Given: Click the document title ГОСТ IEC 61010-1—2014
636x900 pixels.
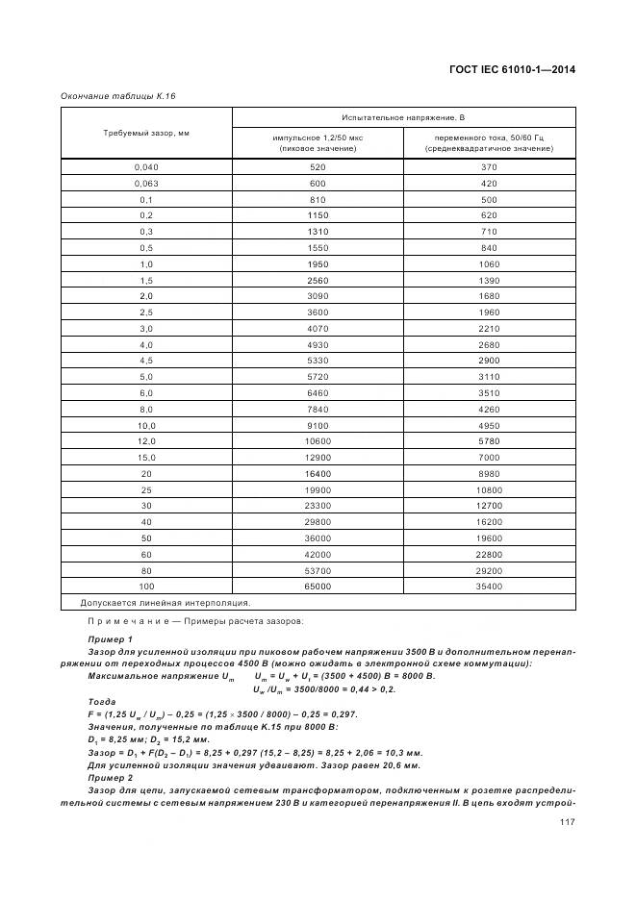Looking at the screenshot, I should pyautogui.click(x=506, y=70).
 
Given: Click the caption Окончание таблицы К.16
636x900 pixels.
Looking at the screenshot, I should pyautogui.click(x=118, y=96).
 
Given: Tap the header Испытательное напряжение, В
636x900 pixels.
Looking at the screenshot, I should pyautogui.click(x=403, y=117).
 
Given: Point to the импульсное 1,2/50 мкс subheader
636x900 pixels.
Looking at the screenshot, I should pyautogui.click(x=318, y=142).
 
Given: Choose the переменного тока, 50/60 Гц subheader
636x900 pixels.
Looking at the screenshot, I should pyautogui.click(x=489, y=142).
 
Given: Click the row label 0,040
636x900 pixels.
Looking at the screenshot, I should pyautogui.click(x=146, y=167).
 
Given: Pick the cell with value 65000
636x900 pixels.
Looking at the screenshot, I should pyautogui.click(x=318, y=585).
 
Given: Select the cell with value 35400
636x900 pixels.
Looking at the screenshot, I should pyautogui.click(x=489, y=585).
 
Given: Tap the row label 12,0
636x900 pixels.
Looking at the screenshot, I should pyautogui.click(x=146, y=440).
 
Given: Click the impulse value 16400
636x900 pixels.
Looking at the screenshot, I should pyautogui.click(x=318, y=472).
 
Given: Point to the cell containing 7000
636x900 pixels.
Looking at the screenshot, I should pyautogui.click(x=489, y=457).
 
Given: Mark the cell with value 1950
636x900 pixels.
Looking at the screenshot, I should pyautogui.click(x=318, y=263).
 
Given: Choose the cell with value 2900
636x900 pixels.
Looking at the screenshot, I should pyautogui.click(x=489, y=360).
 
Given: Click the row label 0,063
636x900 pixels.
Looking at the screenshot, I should pyautogui.click(x=146, y=183).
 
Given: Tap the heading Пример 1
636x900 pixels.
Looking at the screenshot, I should pyautogui.click(x=110, y=639).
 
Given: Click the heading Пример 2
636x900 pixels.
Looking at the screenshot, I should pyautogui.click(x=110, y=777).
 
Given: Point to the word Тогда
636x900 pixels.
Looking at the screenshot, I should pyautogui.click(x=101, y=702).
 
